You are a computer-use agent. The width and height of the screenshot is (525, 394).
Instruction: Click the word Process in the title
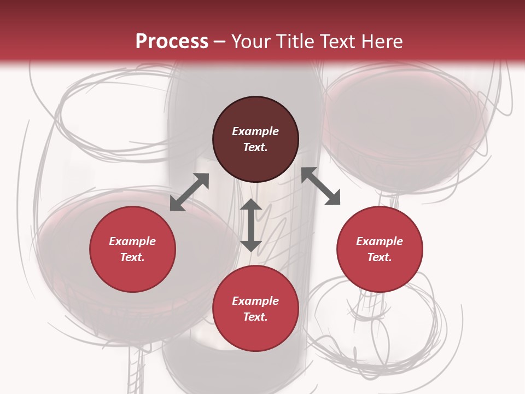pyautogui.click(x=172, y=42)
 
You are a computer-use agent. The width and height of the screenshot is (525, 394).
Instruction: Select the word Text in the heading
pyautogui.click(x=337, y=42)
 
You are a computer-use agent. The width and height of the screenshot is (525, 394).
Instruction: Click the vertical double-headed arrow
pyautogui.click(x=251, y=225)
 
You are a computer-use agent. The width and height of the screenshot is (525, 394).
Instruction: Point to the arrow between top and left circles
pyautogui.click(x=189, y=192)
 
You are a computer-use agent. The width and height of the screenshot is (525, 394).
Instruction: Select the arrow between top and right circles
pyautogui.click(x=321, y=186)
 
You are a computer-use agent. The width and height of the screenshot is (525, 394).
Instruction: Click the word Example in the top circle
pyautogui.click(x=255, y=131)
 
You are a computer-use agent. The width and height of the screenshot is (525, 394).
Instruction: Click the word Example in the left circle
pyautogui.click(x=132, y=241)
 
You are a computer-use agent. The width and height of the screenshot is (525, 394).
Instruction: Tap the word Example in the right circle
pyautogui.click(x=380, y=241)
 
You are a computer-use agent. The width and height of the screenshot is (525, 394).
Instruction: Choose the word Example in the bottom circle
pyautogui.click(x=255, y=301)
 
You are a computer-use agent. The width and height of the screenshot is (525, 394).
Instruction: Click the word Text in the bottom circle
pyautogui.click(x=255, y=317)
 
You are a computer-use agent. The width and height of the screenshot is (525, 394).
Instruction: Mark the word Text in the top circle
pyautogui.click(x=255, y=147)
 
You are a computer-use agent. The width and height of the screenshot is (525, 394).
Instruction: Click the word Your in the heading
pyautogui.click(x=248, y=42)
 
